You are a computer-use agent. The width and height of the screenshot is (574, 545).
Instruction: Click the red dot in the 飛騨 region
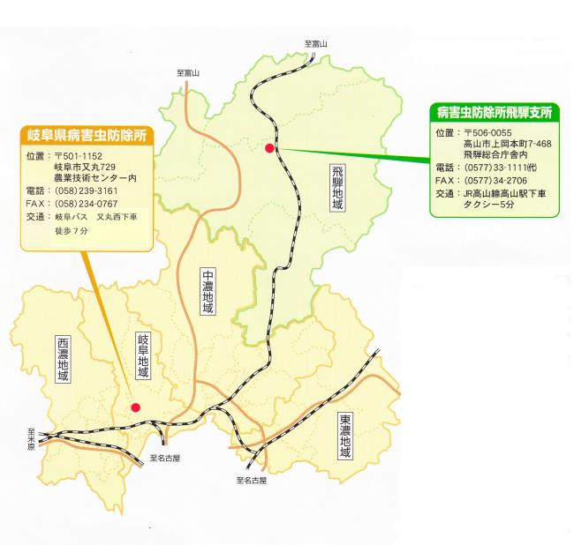pos(269,148)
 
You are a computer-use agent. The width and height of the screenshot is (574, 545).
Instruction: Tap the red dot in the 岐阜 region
pos(135,407)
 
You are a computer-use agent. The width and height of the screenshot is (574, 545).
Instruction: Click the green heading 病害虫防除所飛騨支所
pos(494,112)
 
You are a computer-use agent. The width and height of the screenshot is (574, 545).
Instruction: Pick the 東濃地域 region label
pos(344,436)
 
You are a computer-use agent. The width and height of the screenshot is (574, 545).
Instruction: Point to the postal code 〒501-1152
pos(80,157)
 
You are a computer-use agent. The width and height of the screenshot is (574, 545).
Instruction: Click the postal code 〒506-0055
pos(490,132)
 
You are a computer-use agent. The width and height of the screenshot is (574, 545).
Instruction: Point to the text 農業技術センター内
pos(97,176)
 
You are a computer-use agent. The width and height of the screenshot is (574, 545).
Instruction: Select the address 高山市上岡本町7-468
pos(507,144)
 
